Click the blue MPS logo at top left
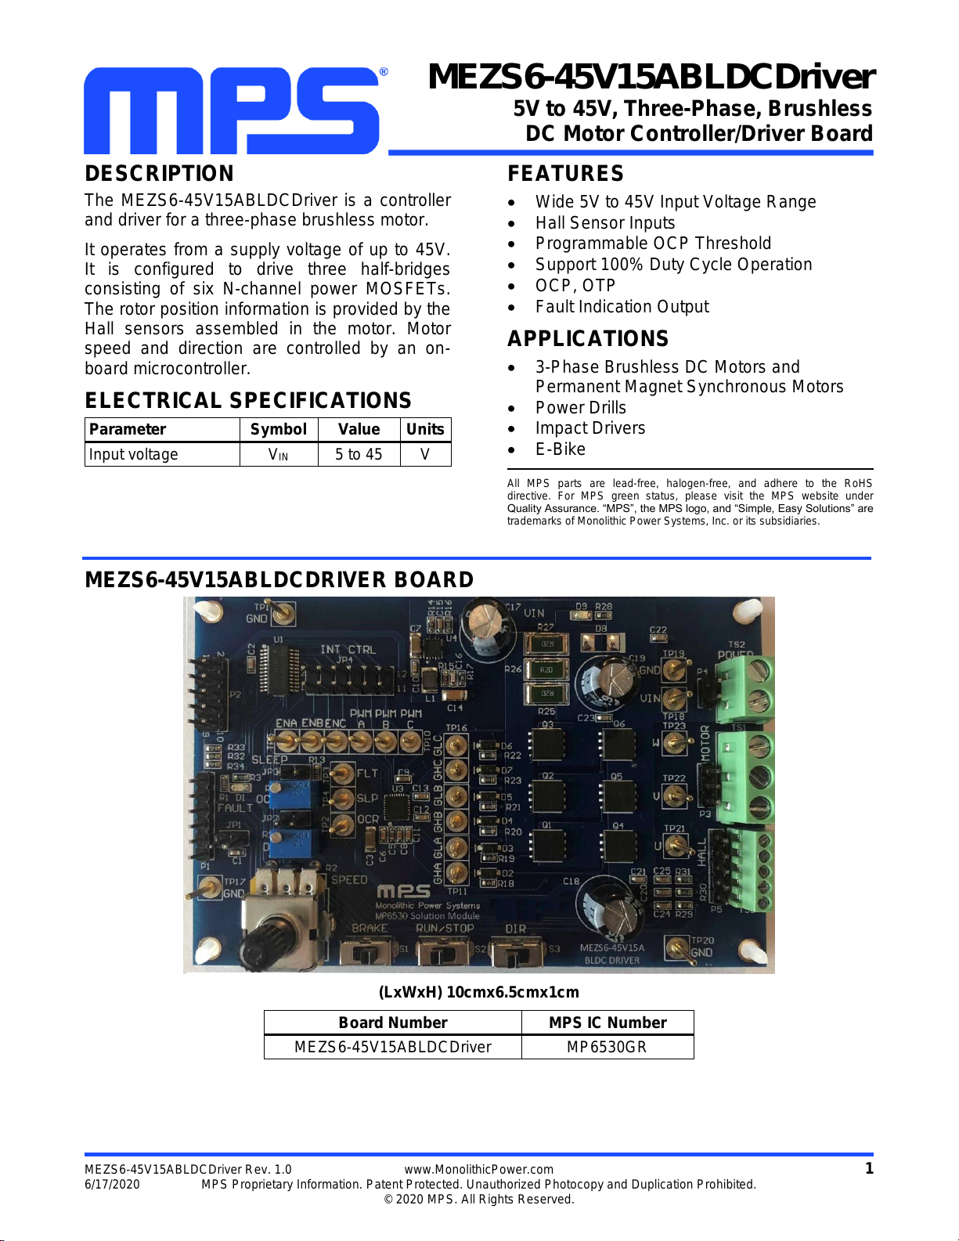[232, 110]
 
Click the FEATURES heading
[565, 174]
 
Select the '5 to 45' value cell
[359, 455]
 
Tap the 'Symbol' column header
[278, 429]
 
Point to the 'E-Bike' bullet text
[560, 449]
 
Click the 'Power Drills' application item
[580, 408]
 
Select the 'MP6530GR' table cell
[607, 1048]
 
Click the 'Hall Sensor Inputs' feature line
[604, 223]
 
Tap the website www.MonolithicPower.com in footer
[478, 1170]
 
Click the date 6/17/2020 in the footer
[112, 1185]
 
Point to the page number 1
[868, 1169]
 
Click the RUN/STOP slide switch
[442, 954]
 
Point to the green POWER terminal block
[744, 687]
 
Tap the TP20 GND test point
[678, 948]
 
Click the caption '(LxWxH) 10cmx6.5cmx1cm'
[478, 993]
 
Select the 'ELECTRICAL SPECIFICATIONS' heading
[248, 401]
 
